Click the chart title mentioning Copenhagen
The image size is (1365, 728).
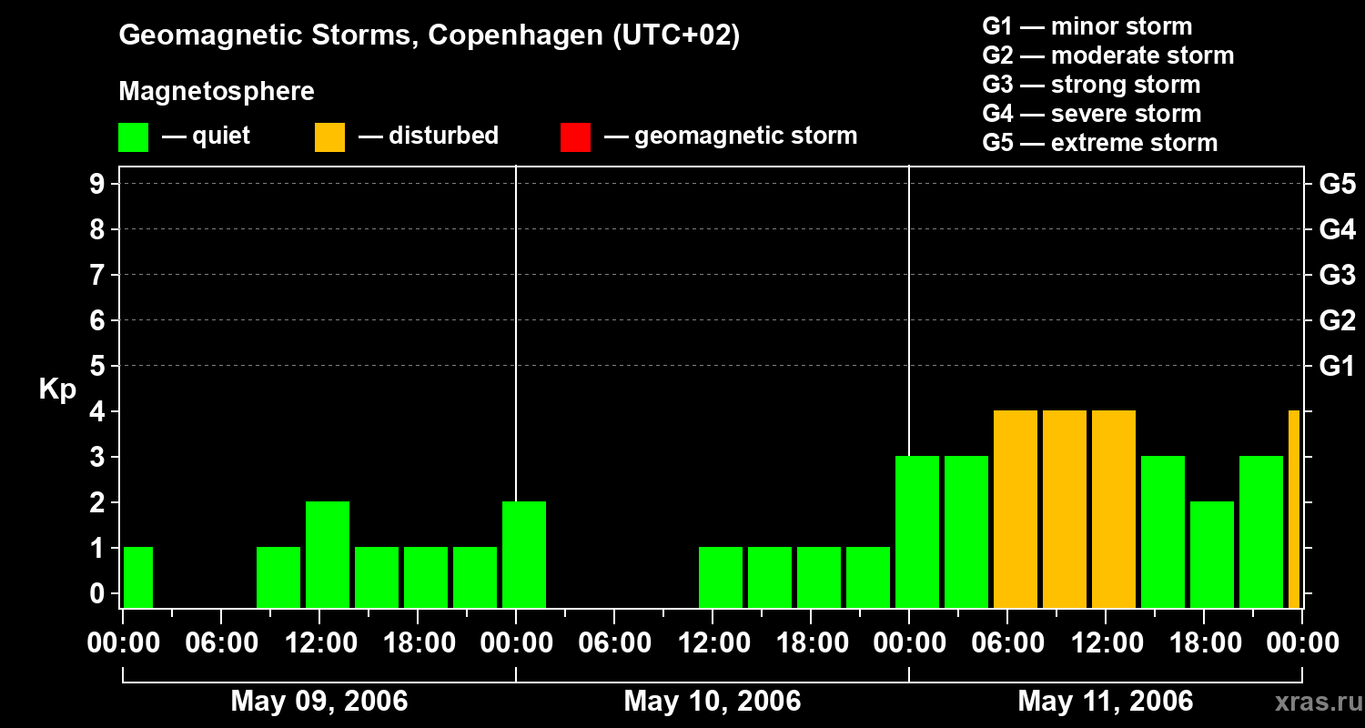coord(429,35)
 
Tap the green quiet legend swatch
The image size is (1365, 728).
coord(133,136)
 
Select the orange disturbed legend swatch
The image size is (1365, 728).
coord(329,136)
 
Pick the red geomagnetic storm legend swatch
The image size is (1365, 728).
coord(575,136)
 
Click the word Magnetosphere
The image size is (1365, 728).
coord(217,92)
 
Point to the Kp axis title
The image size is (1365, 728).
coord(57,389)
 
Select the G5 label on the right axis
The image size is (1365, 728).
coord(1337,184)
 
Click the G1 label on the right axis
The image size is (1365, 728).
coord(1337,366)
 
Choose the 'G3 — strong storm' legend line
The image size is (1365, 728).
coord(1091,85)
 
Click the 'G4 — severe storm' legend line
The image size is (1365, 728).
coord(1092,114)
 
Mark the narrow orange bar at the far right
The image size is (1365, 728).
coord(1294,510)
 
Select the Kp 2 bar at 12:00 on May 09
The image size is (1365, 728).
coord(328,555)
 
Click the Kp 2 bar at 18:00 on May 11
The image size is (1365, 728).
coord(1212,555)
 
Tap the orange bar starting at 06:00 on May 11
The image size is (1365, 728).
coord(1016,510)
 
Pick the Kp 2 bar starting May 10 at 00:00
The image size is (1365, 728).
coord(524,555)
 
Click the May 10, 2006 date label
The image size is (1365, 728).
coord(713,701)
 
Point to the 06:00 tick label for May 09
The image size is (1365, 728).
coord(221,643)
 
